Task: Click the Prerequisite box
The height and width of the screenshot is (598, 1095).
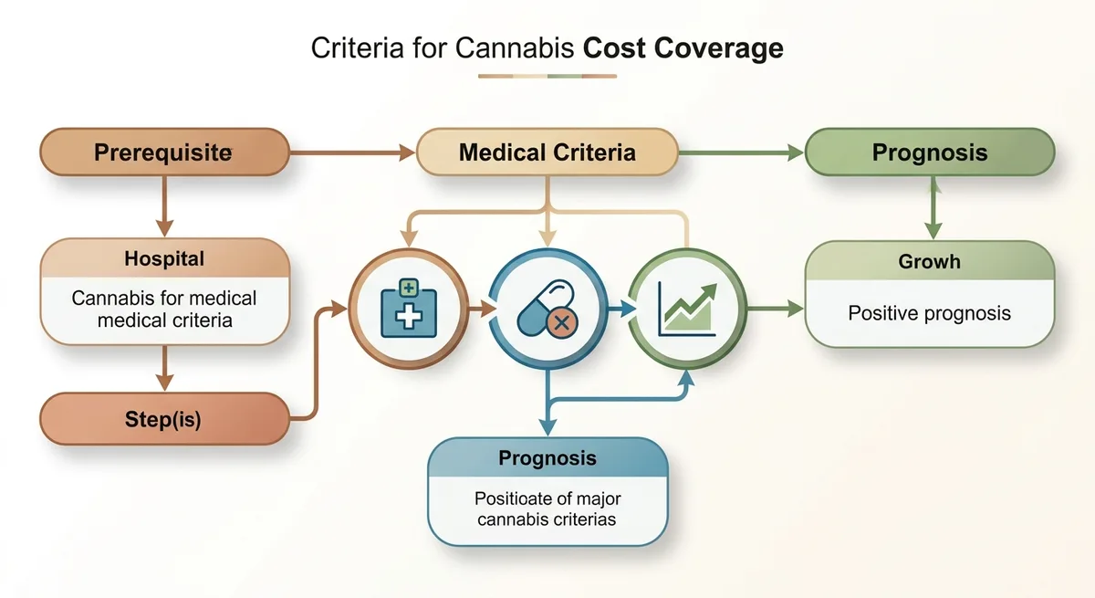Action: pyautogui.click(x=165, y=152)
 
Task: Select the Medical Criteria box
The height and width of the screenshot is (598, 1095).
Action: pyautogui.click(x=547, y=152)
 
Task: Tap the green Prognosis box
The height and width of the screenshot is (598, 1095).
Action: pyautogui.click(x=930, y=152)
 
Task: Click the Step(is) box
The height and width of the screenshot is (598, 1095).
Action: pyautogui.click(x=165, y=419)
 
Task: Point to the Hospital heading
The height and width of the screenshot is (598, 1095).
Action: pyautogui.click(x=164, y=258)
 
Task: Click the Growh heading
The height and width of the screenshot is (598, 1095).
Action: pyautogui.click(x=929, y=262)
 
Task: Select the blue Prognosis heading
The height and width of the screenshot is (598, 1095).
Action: pyautogui.click(x=547, y=458)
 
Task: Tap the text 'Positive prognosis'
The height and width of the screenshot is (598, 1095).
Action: pyautogui.click(x=929, y=313)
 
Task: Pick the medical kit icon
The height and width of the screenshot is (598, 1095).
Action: pyautogui.click(x=409, y=308)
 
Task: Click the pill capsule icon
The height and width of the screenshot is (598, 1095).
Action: pyautogui.click(x=547, y=309)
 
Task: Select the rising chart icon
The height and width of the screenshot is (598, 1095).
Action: pyautogui.click(x=687, y=309)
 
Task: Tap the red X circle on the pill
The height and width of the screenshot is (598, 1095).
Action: pyautogui.click(x=562, y=322)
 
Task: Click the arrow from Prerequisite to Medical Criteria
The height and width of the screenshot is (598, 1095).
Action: pyautogui.click(x=352, y=152)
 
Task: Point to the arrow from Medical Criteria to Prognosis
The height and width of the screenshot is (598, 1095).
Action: pyautogui.click(x=741, y=152)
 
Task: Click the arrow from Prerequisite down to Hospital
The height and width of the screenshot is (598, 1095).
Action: pyautogui.click(x=165, y=206)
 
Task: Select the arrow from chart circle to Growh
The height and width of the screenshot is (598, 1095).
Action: pyautogui.click(x=776, y=309)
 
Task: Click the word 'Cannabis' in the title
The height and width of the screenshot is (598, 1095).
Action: pyautogui.click(x=515, y=47)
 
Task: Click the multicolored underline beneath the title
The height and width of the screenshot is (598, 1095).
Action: pyautogui.click(x=547, y=77)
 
